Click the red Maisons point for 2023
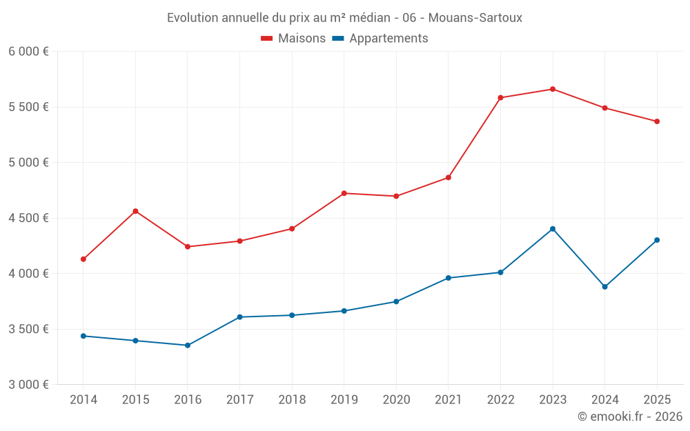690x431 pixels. (553, 89)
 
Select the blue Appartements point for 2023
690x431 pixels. (553, 229)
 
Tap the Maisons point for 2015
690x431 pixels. (135, 211)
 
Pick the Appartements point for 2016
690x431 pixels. (188, 345)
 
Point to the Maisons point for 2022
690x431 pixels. (500, 98)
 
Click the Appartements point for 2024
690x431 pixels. (604, 287)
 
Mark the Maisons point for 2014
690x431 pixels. (83, 259)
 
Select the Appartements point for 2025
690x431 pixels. (657, 240)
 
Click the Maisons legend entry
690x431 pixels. (293, 39)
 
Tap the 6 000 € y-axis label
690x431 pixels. (28, 52)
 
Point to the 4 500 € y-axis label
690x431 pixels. (28, 218)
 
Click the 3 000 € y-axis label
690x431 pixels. (28, 384)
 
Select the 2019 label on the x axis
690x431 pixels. (344, 400)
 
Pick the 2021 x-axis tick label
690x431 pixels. (448, 400)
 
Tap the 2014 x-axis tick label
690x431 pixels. (83, 400)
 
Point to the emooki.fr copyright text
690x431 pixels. (630, 417)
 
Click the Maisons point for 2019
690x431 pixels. (344, 193)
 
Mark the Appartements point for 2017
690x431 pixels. (239, 317)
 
